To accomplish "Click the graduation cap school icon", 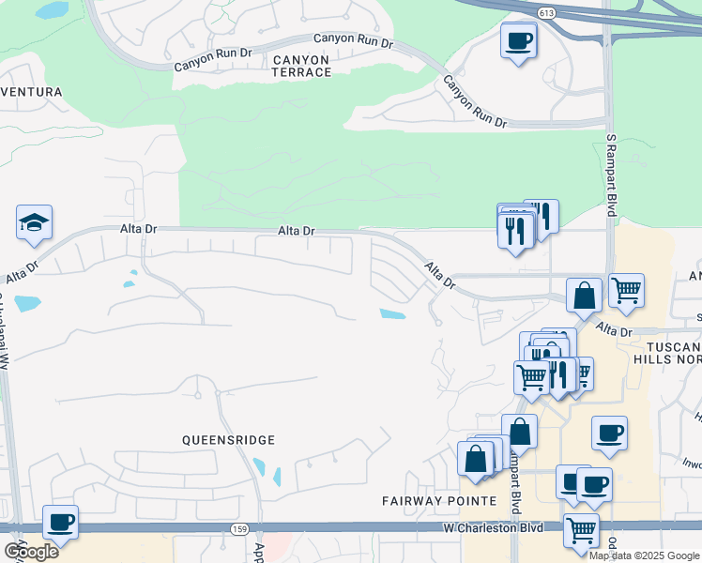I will click(x=34, y=223).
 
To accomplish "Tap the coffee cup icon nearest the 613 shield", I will click(x=519, y=41).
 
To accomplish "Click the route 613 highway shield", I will click(x=547, y=11).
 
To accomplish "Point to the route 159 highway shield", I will click(x=239, y=529).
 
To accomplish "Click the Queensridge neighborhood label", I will click(x=228, y=439).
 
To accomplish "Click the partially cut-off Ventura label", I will click(x=32, y=92).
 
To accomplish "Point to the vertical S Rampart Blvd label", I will click(x=611, y=175).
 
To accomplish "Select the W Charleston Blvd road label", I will click(x=494, y=528).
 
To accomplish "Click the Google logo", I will click(x=31, y=551).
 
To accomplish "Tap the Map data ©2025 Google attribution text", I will click(x=644, y=555).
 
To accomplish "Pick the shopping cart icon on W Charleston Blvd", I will click(x=581, y=529).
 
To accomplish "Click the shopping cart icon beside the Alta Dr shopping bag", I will click(x=626, y=289).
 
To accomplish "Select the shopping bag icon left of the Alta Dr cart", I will click(x=584, y=295).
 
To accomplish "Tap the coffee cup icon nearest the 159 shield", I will click(x=61, y=523).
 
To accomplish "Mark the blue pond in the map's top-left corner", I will click(x=52, y=11).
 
